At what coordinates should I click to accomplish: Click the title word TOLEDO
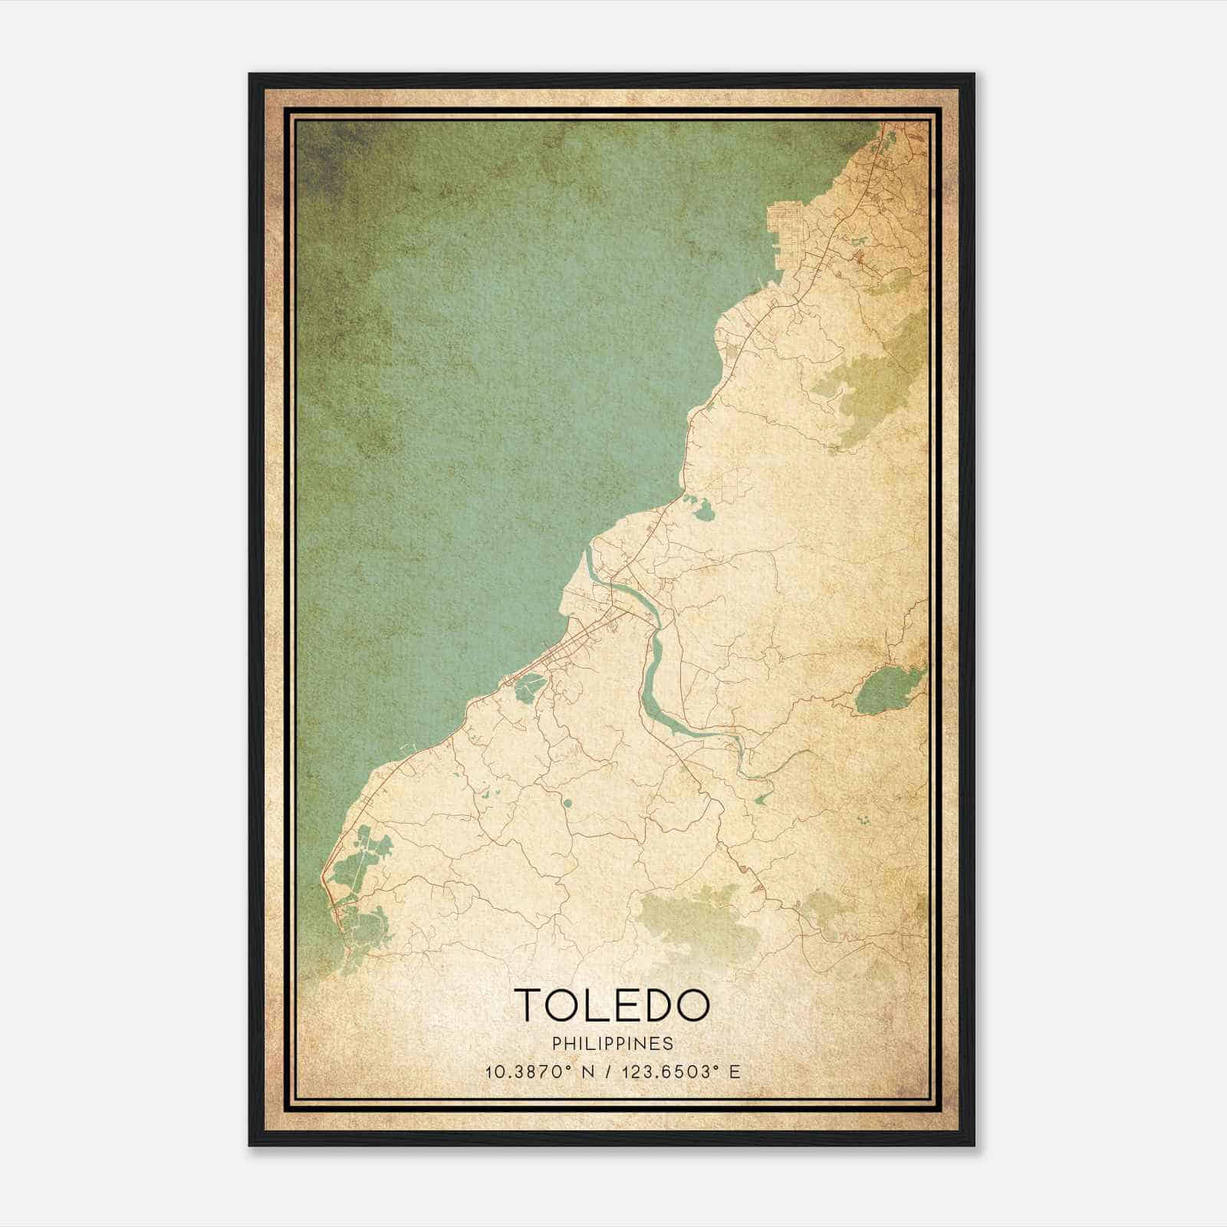point(611,1005)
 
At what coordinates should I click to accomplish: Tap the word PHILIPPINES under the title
point(612,1044)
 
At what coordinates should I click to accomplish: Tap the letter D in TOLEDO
point(653,1005)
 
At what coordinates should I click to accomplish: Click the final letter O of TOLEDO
point(691,1005)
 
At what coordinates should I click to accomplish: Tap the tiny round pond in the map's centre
point(567,803)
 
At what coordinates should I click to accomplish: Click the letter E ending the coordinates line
point(734,1072)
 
